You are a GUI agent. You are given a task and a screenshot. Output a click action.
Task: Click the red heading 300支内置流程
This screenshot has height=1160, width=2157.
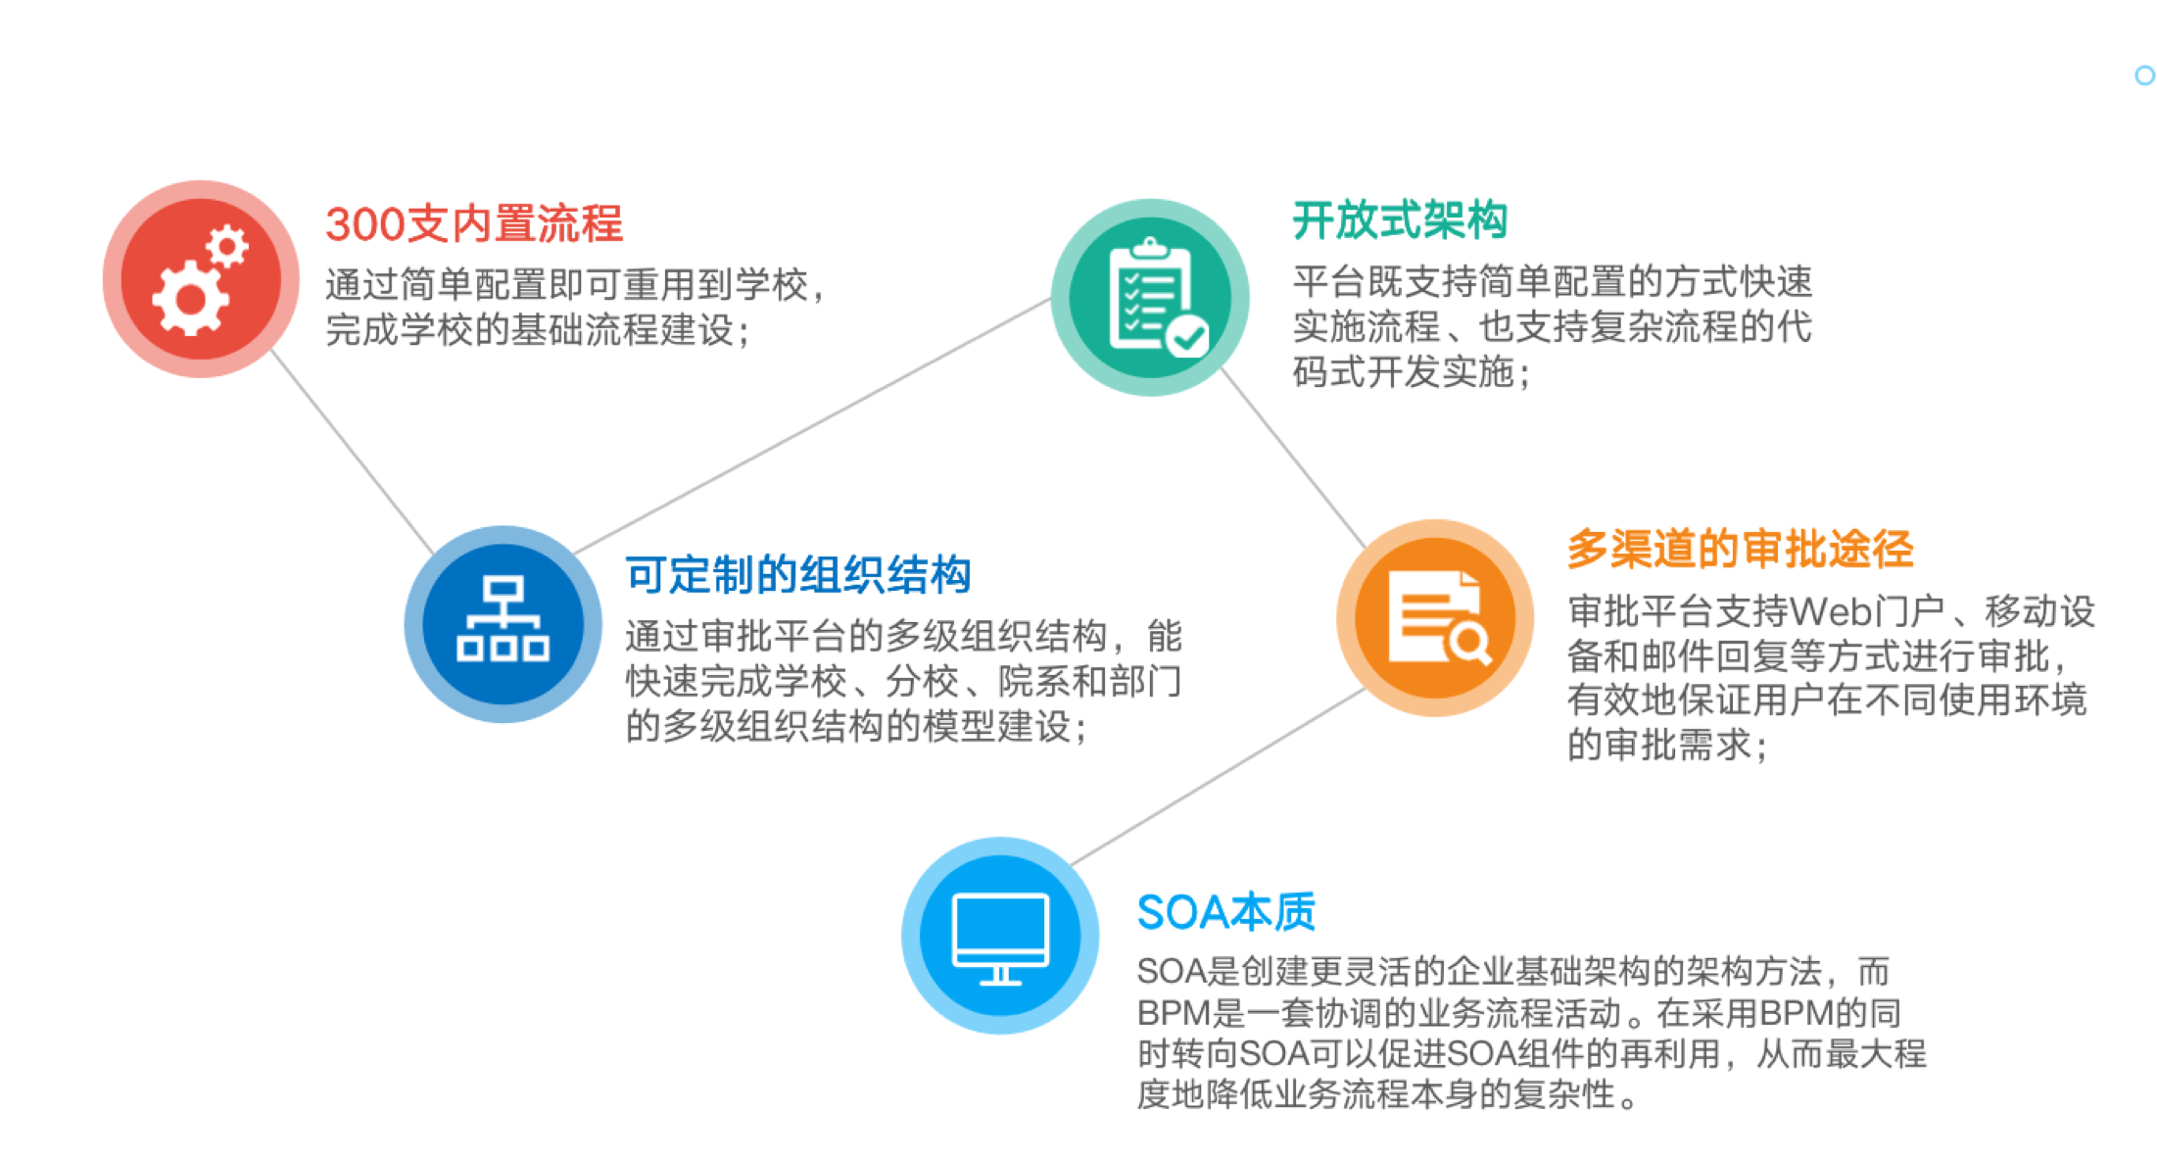pyautogui.click(x=474, y=223)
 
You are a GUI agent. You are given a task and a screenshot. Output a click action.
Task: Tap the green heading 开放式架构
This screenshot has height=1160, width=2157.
pyautogui.click(x=1400, y=219)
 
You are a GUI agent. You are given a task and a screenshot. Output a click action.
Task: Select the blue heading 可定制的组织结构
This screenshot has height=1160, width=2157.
pyautogui.click(x=798, y=574)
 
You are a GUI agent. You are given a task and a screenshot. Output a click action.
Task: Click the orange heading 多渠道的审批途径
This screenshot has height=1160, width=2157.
pyautogui.click(x=1741, y=549)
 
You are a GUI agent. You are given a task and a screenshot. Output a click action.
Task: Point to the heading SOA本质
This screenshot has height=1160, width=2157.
pyautogui.click(x=1226, y=912)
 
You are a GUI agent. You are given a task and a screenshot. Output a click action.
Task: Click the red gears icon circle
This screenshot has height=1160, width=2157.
pyautogui.click(x=201, y=279)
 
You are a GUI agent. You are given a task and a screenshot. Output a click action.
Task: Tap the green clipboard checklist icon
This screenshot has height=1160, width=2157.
pyautogui.click(x=1150, y=297)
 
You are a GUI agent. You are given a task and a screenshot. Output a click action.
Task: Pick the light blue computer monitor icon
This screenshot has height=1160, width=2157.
pyautogui.click(x=1000, y=936)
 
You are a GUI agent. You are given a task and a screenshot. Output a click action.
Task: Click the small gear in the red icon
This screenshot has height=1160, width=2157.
pyautogui.click(x=227, y=246)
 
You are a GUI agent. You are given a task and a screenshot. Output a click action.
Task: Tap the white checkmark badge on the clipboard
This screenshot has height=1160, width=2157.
pyautogui.click(x=1188, y=338)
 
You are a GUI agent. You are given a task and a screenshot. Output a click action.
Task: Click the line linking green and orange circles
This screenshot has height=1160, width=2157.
pyautogui.click(x=1293, y=458)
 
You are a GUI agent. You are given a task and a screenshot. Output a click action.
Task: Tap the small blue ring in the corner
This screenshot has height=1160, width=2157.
pyautogui.click(x=2144, y=75)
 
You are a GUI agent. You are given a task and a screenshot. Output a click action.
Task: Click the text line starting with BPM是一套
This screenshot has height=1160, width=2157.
pyautogui.click(x=1518, y=1012)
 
